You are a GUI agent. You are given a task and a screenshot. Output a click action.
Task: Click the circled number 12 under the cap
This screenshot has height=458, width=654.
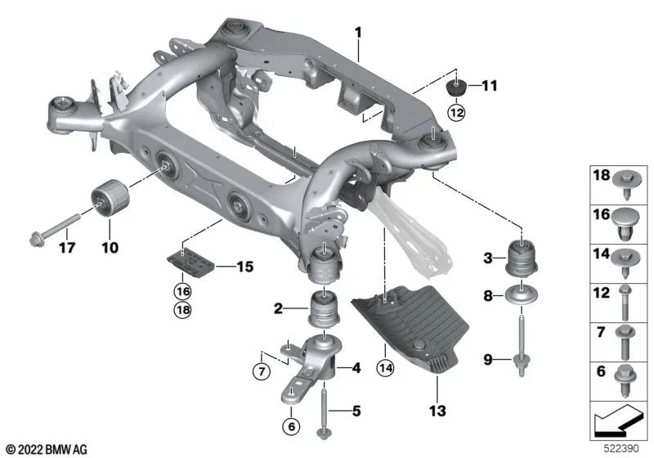(455, 112)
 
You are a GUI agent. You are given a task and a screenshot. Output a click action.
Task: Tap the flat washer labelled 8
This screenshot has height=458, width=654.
(521, 296)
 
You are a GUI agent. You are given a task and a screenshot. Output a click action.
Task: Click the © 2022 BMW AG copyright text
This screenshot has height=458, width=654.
(47, 449)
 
